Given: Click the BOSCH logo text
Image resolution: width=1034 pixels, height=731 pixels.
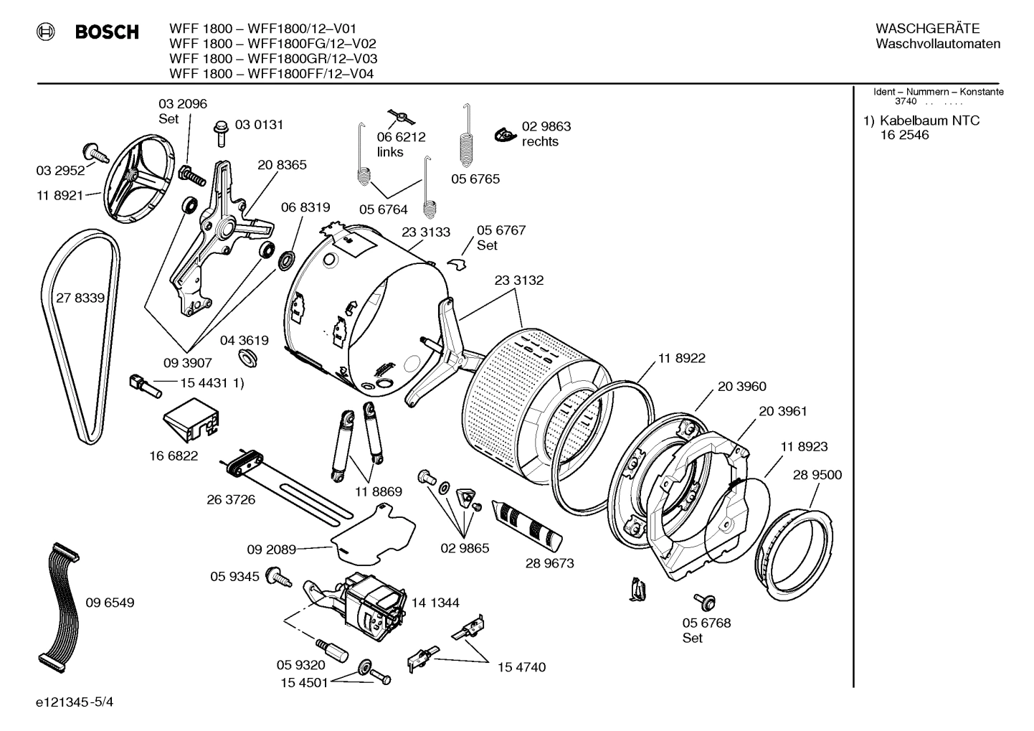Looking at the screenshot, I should (107, 32).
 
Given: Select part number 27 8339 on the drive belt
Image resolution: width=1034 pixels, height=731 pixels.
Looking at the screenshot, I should (80, 298).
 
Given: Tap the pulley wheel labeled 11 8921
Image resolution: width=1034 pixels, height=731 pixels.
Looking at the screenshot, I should (141, 176).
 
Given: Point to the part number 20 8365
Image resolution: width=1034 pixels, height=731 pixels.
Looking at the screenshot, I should (282, 165).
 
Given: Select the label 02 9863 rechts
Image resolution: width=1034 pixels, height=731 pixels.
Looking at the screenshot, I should (546, 134).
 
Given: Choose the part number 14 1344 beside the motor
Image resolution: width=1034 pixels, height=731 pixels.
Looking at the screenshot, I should (435, 603).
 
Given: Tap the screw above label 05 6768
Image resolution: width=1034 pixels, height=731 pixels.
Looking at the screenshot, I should (702, 600).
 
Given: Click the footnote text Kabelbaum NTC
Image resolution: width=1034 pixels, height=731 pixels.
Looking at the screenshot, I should (929, 121).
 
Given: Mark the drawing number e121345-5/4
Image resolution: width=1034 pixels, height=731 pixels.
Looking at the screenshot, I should (74, 702).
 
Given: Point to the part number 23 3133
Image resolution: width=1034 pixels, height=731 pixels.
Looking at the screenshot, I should (426, 232).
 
